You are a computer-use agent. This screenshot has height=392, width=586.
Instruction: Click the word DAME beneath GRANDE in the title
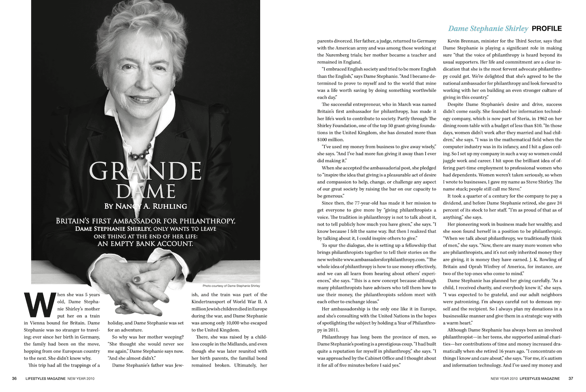point(145,191)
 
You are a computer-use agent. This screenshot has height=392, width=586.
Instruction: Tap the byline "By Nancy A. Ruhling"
point(145,206)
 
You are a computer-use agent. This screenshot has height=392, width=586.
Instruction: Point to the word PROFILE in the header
point(547,29)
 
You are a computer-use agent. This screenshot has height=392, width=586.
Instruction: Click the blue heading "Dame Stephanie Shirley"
point(488,29)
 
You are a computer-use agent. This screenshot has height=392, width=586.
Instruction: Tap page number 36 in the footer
point(14,378)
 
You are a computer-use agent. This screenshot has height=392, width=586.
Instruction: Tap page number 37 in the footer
point(571,378)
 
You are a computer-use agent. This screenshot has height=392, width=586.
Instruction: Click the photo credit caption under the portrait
point(231,286)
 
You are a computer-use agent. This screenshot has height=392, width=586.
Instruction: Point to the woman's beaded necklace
point(141,152)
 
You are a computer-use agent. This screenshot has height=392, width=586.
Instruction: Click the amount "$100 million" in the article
point(330,140)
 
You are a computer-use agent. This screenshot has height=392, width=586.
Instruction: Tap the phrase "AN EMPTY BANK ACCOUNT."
point(145,244)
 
